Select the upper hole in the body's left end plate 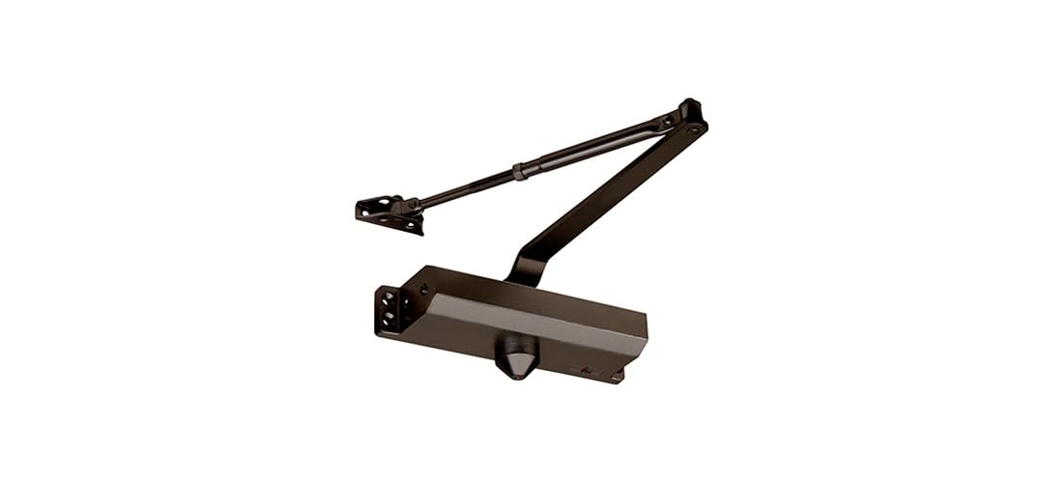[388, 295]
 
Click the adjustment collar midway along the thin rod [520, 173]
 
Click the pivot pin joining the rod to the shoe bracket [410, 204]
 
